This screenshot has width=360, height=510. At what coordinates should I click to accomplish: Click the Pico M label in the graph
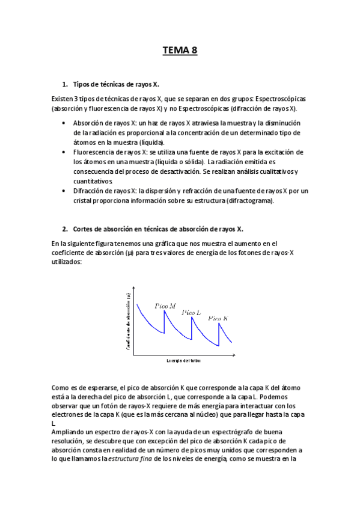pyautogui.click(x=165, y=306)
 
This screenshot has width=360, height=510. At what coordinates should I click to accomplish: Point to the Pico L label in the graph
pyautogui.click(x=191, y=312)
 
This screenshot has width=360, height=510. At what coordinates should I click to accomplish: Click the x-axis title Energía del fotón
pyautogui.click(x=183, y=361)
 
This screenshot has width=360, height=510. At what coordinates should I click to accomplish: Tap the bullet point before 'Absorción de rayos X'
pyautogui.click(x=65, y=123)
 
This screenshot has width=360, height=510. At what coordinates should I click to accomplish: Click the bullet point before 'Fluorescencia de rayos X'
pyautogui.click(x=65, y=152)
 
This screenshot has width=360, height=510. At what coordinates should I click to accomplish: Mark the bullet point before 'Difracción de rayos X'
pyautogui.click(x=65, y=191)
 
